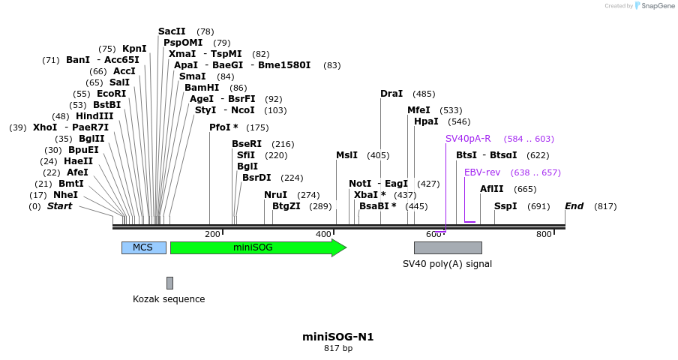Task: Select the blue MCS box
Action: point(143,247)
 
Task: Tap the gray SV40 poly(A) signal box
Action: point(448,247)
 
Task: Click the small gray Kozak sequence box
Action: point(169,283)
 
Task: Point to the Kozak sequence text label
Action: point(169,299)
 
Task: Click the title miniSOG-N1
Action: point(337,337)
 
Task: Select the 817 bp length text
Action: point(337,348)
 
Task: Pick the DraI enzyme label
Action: point(391,94)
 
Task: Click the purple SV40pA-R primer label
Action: point(468,139)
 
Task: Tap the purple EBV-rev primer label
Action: point(482,172)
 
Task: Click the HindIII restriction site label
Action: point(94,116)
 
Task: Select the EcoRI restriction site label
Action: point(111,94)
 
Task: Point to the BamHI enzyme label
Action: point(202,88)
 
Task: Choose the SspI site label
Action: point(505,206)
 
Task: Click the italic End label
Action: point(574,206)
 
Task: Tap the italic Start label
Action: point(60,206)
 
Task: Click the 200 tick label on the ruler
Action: point(212,234)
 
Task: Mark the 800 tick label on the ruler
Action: point(544,234)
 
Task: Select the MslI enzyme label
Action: point(346,155)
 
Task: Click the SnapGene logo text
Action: point(658,6)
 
